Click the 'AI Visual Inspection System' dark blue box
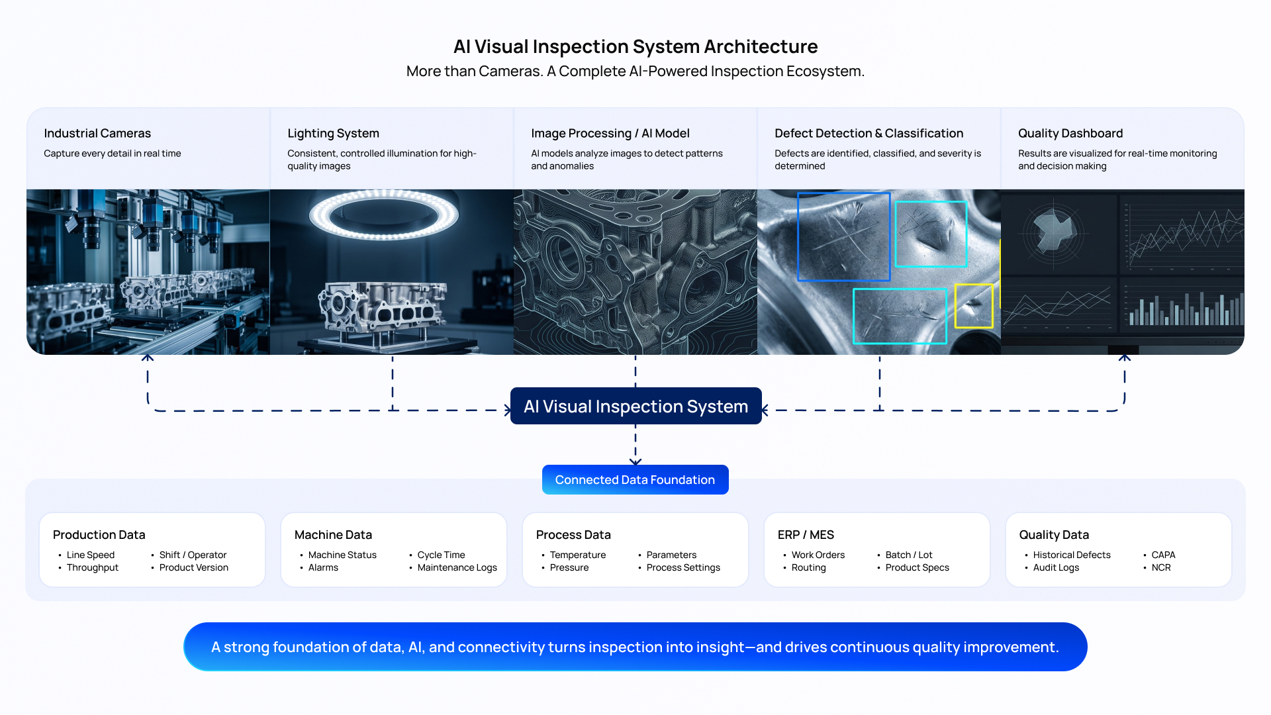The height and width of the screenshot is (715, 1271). [x=635, y=406]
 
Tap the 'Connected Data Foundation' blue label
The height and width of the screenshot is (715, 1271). [x=635, y=480]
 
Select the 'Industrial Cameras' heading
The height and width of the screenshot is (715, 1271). [x=97, y=133]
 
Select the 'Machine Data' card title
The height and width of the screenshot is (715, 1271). [x=333, y=534]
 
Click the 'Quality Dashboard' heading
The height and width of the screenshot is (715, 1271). [x=1070, y=133]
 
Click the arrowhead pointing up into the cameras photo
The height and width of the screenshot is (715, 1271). [x=148, y=358]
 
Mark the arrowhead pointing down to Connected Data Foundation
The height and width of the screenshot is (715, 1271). [x=635, y=461]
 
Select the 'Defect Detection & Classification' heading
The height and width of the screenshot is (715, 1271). [x=869, y=133]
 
